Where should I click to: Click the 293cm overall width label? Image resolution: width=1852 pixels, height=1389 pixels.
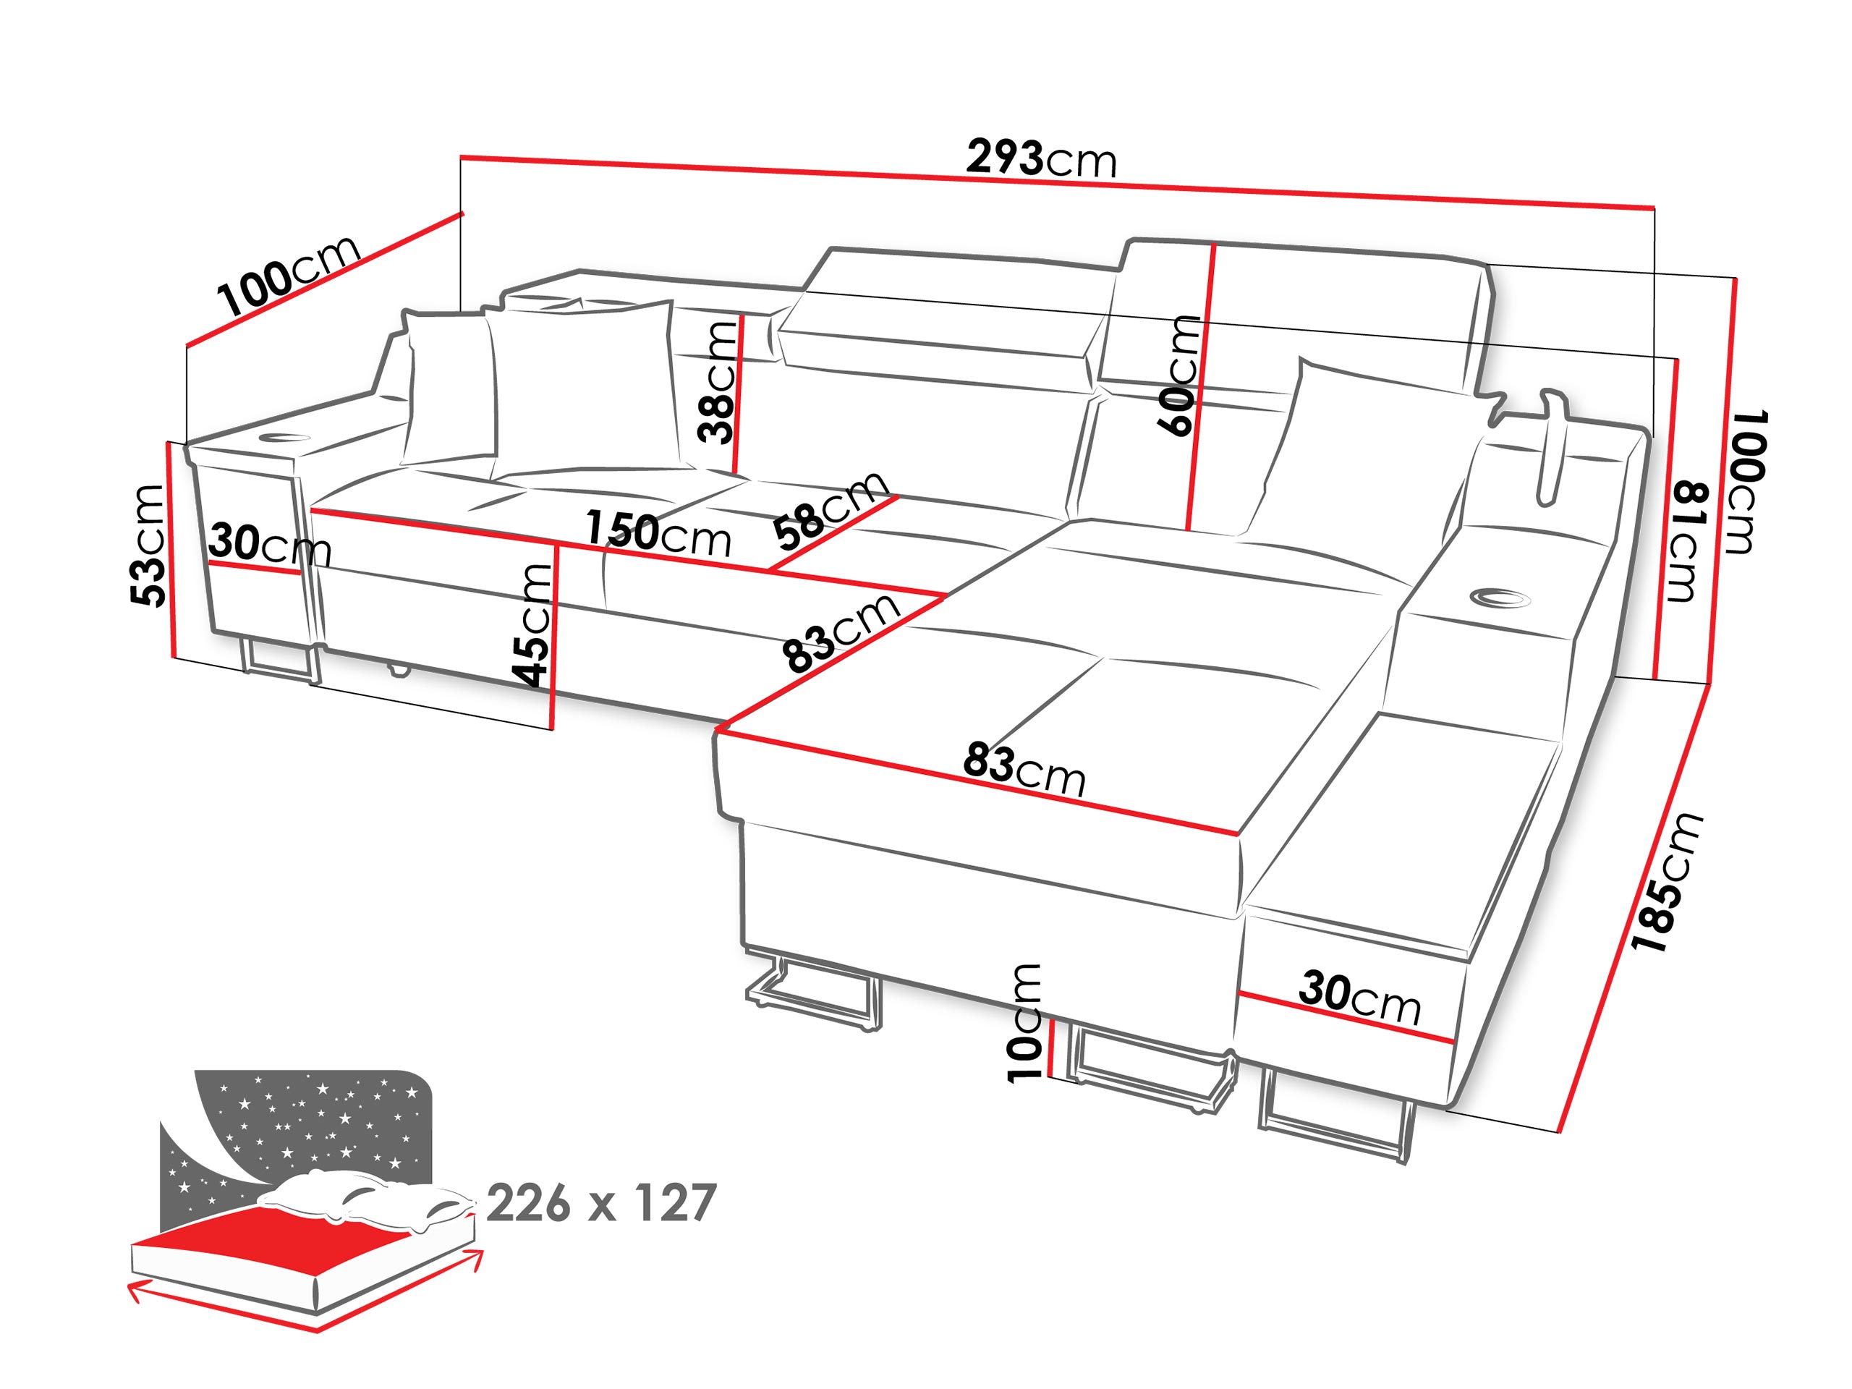(1041, 158)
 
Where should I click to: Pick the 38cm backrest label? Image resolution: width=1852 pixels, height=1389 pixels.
(718, 382)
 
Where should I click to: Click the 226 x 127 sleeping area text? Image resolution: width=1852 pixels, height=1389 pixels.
(601, 1203)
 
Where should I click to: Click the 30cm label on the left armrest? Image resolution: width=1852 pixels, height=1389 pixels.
(271, 544)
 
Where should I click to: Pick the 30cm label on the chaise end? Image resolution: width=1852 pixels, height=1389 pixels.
(1361, 997)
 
